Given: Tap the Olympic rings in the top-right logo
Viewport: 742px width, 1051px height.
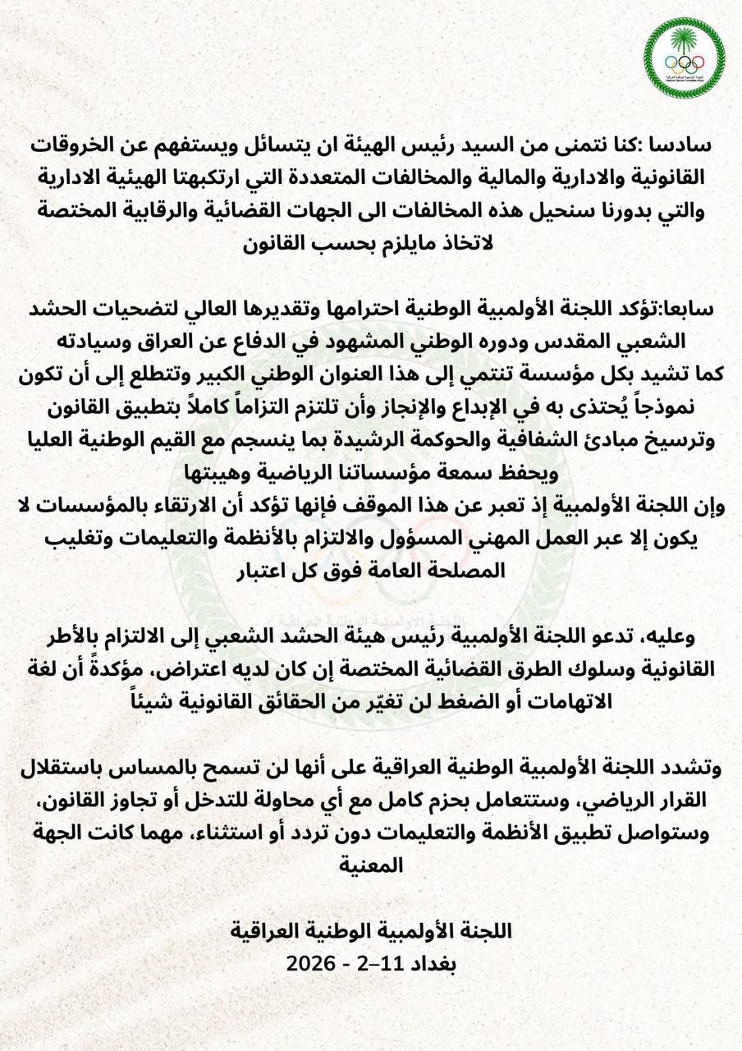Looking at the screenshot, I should (x=684, y=62).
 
